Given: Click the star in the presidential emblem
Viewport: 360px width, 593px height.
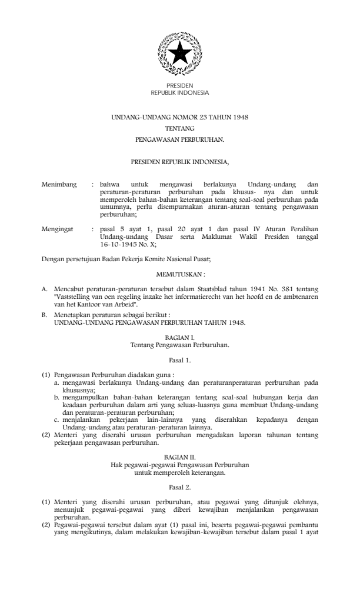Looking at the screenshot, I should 179,54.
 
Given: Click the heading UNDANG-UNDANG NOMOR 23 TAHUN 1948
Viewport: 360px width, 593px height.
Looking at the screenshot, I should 179,118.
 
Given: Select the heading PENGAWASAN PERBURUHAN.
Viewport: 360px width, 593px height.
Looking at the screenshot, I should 179,140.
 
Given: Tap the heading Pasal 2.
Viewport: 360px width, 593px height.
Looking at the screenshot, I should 179,487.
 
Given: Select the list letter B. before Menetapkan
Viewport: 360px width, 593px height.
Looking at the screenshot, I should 45,315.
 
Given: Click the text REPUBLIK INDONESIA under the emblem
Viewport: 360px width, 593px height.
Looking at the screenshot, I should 179,92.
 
